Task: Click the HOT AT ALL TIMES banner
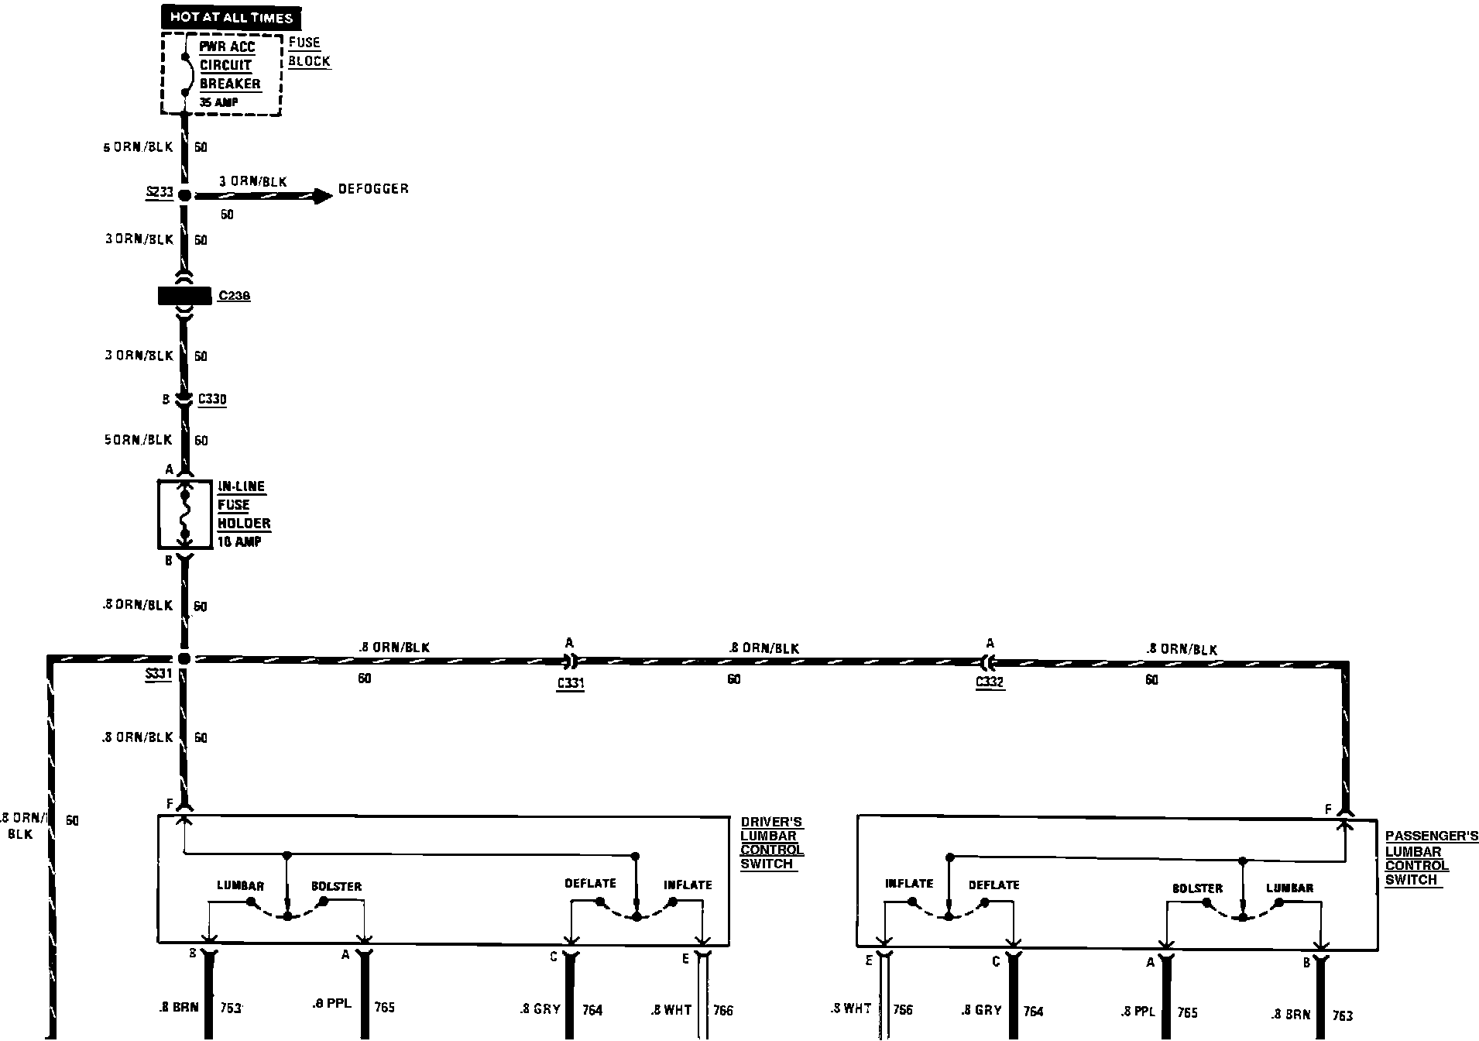pos(231,18)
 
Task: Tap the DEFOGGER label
pos(373,189)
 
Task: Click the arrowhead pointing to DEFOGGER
pos(321,195)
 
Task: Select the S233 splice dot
pos(184,195)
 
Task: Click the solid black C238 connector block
pos(184,296)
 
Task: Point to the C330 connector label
pos(212,400)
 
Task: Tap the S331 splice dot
pos(184,659)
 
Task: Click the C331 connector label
pos(570,683)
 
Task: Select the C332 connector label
pos(990,682)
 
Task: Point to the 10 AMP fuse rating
pos(239,542)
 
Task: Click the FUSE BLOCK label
pos(309,52)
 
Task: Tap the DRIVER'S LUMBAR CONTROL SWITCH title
pos(771,843)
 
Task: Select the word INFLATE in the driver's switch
pos(687,885)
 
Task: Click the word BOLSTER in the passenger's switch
pos(1197,888)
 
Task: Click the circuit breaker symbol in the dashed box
pos(185,75)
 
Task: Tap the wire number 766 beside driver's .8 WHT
pos(722,1010)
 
